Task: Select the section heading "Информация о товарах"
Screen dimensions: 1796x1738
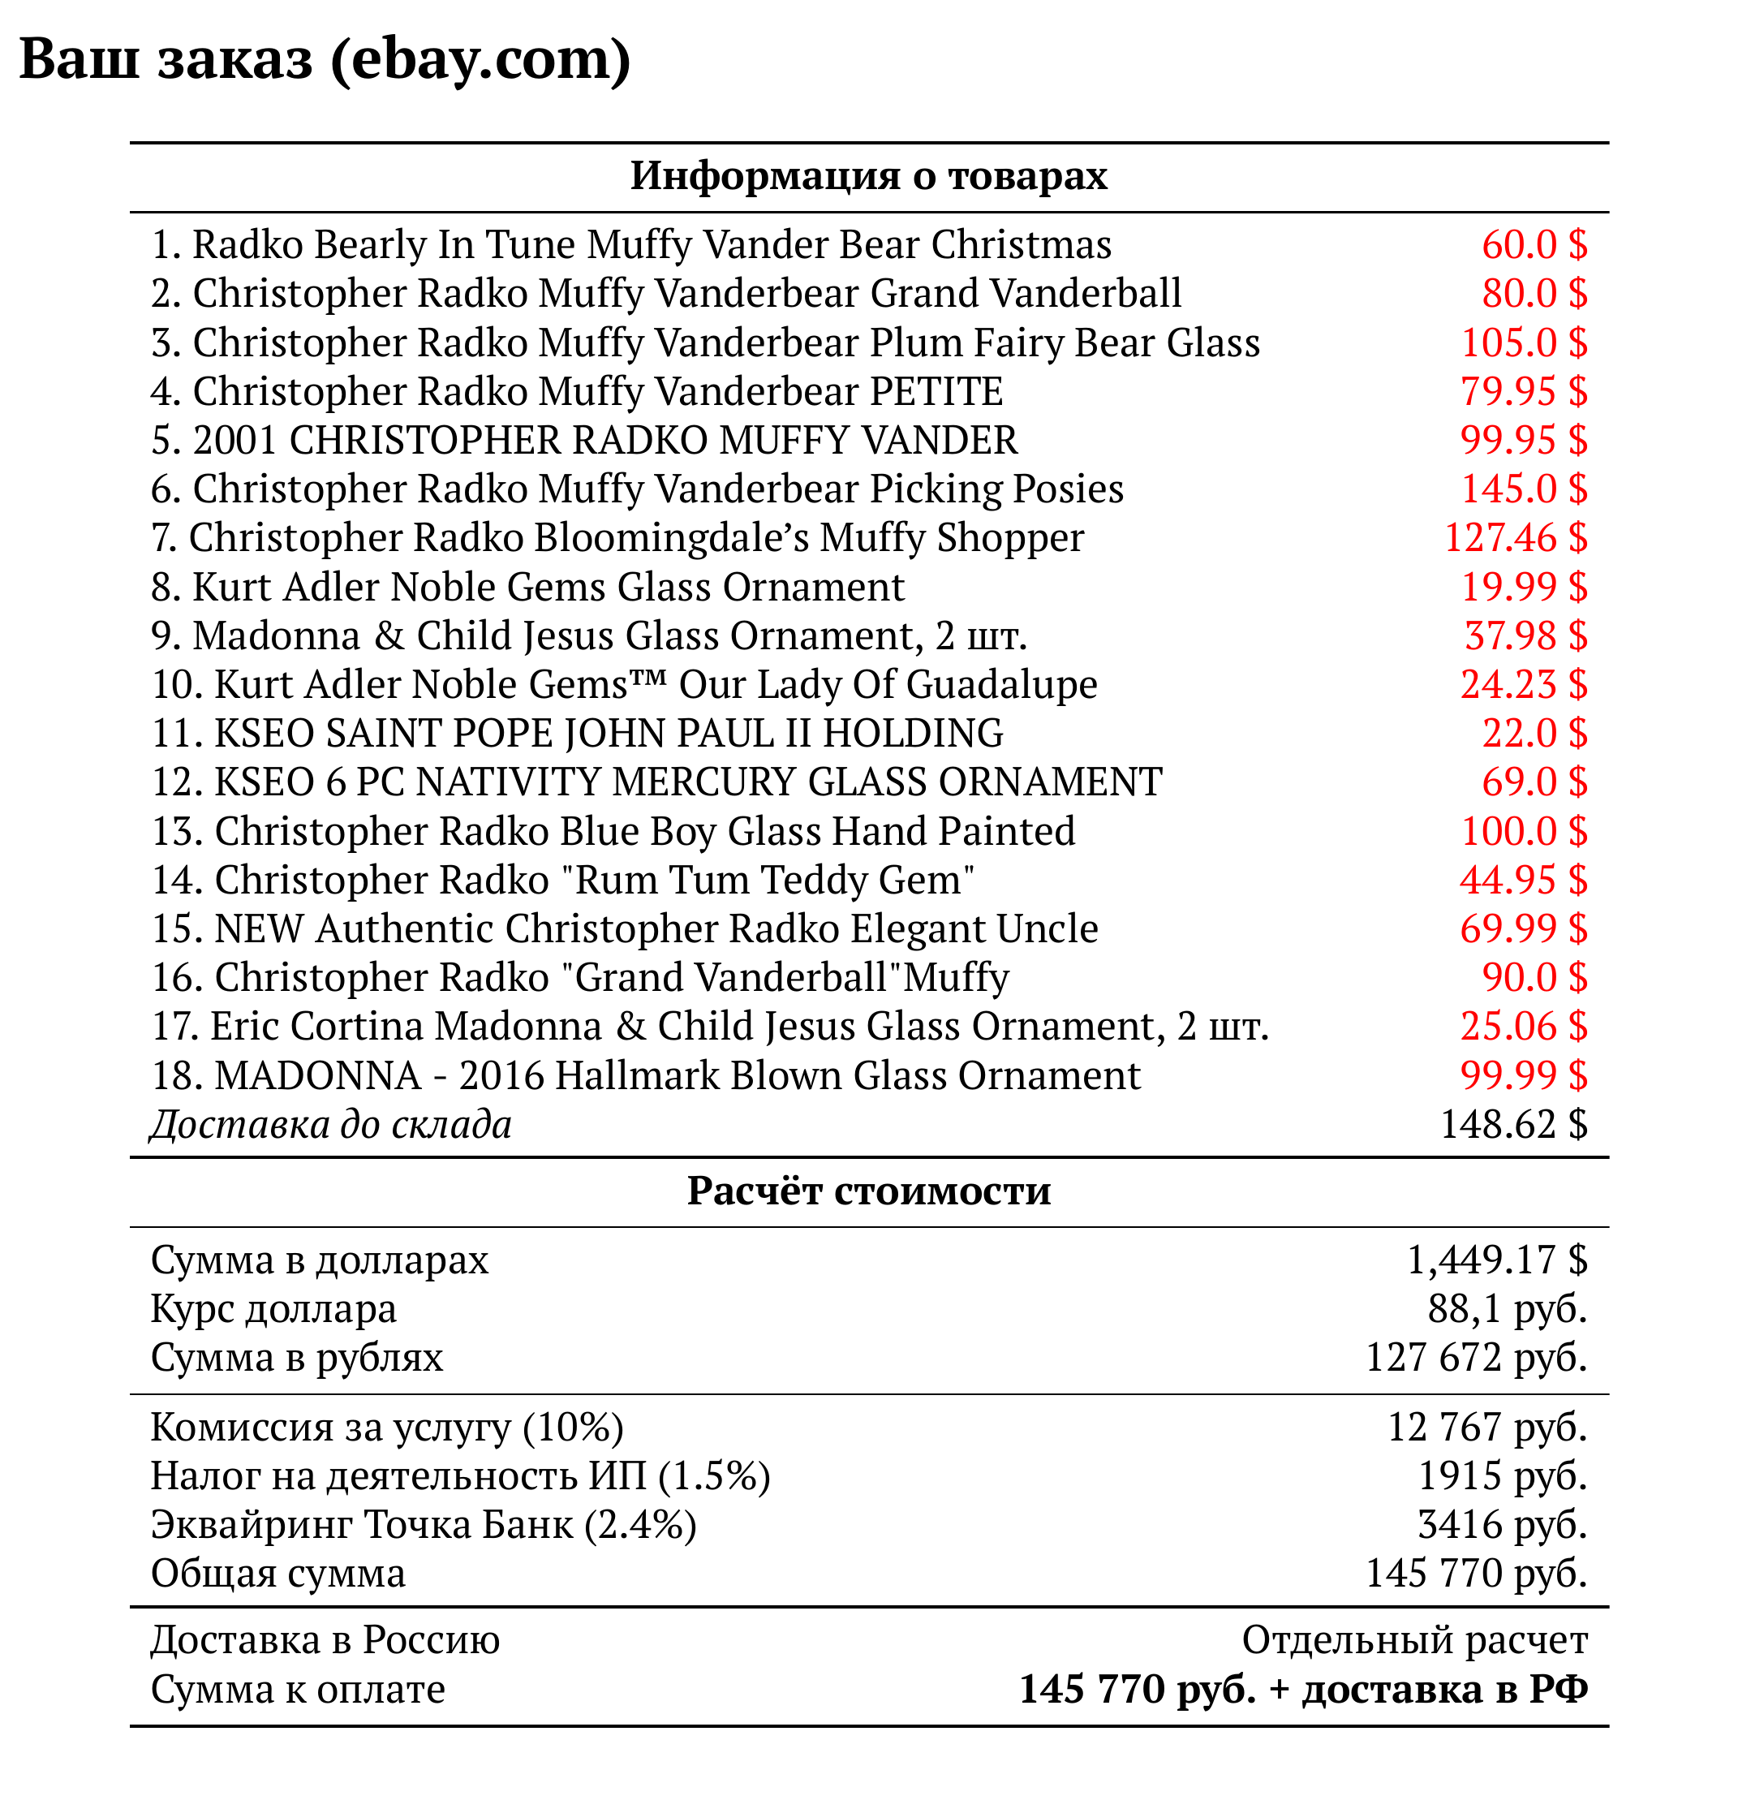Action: pos(868,176)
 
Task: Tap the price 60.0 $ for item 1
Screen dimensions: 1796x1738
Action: pos(1534,244)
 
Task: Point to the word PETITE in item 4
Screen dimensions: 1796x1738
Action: pos(936,391)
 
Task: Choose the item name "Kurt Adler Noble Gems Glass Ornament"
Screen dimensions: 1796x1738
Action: pos(548,588)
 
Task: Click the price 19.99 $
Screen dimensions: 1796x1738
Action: pos(1523,588)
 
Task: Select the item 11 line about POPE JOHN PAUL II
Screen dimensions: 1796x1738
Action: pos(577,734)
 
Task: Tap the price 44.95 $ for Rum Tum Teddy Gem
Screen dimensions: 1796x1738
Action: pos(1523,881)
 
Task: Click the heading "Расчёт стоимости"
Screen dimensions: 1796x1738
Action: pos(868,1191)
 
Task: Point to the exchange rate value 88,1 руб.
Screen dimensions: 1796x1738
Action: pos(1507,1309)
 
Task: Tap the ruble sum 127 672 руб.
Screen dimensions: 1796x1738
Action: pos(1476,1358)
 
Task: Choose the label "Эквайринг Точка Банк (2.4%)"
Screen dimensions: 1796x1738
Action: pos(424,1525)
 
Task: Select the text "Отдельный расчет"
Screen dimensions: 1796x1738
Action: pos(1413,1640)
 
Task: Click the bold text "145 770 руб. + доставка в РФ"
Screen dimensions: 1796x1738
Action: pos(1303,1689)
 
